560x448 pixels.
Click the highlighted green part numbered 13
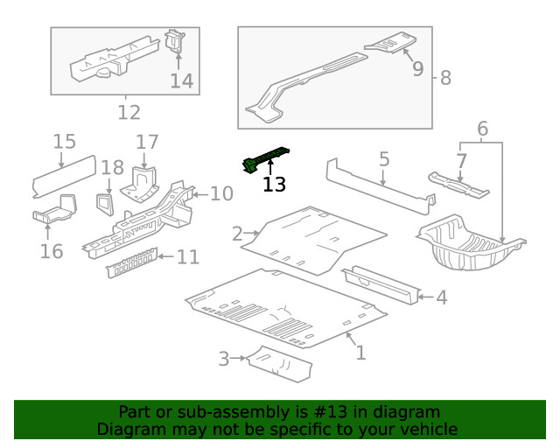pyautogui.click(x=264, y=157)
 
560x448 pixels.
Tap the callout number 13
pyautogui.click(x=274, y=184)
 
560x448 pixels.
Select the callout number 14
pyautogui.click(x=181, y=80)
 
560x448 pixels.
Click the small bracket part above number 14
pyautogui.click(x=175, y=42)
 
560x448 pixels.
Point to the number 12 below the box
pyautogui.click(x=129, y=112)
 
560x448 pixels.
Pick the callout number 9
pyautogui.click(x=416, y=67)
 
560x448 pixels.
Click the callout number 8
pyautogui.click(x=445, y=78)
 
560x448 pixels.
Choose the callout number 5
pyautogui.click(x=383, y=158)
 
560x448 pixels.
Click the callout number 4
pyautogui.click(x=441, y=298)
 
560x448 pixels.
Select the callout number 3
pyautogui.click(x=224, y=359)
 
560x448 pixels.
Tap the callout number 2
pyautogui.click(x=237, y=234)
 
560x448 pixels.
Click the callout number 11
pyautogui.click(x=187, y=257)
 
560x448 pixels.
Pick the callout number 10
pyautogui.click(x=221, y=192)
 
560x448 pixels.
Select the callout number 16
pyautogui.click(x=52, y=251)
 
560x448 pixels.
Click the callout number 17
pyautogui.click(x=147, y=142)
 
